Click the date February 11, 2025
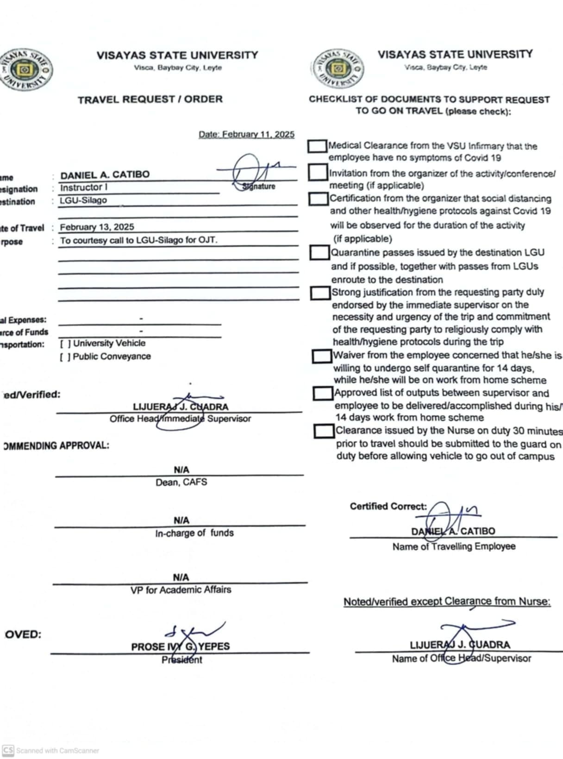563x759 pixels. (246, 134)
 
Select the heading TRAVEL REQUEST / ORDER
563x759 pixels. (150, 99)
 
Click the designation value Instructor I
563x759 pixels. (84, 188)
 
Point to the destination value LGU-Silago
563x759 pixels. (83, 200)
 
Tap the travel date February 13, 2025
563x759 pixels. (97, 227)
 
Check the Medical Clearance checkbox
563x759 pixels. (317, 146)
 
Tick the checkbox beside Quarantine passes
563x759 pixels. (319, 252)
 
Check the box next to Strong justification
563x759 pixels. (320, 293)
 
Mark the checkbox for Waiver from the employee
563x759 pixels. (322, 356)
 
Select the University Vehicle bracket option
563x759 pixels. (65, 344)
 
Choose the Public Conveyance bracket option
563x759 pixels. (65, 357)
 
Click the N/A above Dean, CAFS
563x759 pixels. (181, 470)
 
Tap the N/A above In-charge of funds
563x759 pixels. (181, 520)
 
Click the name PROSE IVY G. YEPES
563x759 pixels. (180, 646)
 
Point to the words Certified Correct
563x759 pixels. (388, 506)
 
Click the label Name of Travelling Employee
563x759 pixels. (454, 546)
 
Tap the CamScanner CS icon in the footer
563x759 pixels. (8, 750)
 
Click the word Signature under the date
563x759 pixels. (259, 186)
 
